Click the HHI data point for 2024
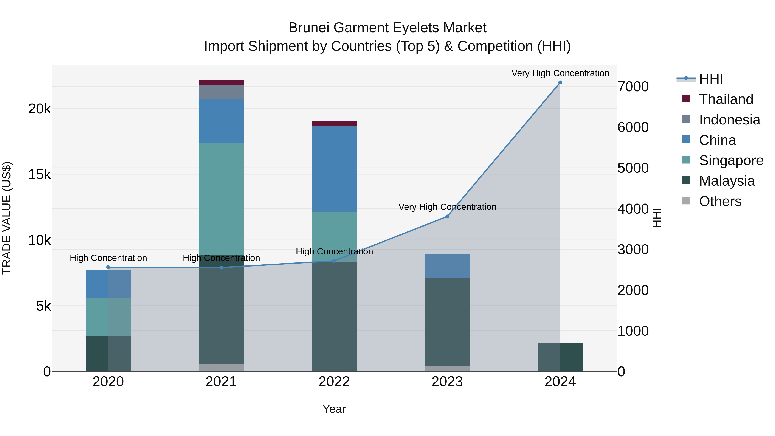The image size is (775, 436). (560, 82)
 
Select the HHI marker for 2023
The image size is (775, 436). (447, 217)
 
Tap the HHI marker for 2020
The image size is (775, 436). (108, 267)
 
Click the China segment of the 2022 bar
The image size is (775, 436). (334, 169)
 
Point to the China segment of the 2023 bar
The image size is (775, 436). (447, 265)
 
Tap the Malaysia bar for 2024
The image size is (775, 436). (560, 357)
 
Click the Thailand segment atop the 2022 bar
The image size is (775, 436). (334, 123)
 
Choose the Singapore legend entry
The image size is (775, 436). (731, 160)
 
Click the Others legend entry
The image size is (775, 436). (720, 201)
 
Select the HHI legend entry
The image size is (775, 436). (711, 79)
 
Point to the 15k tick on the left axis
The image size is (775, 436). (39, 175)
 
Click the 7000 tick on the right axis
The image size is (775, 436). (633, 87)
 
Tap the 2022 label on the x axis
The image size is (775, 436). (334, 382)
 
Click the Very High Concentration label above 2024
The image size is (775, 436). (560, 73)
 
